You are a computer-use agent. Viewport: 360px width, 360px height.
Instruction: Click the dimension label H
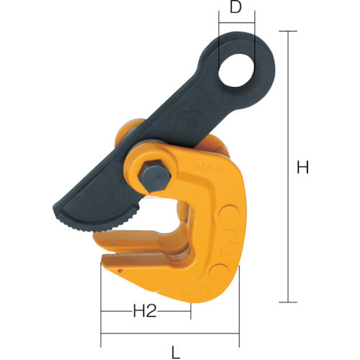[303, 168]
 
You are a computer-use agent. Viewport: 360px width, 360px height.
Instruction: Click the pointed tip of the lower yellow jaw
[101, 265]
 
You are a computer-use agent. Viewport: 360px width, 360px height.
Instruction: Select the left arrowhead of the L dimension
[104, 334]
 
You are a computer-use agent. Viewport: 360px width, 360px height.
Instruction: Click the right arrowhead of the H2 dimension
[188, 312]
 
